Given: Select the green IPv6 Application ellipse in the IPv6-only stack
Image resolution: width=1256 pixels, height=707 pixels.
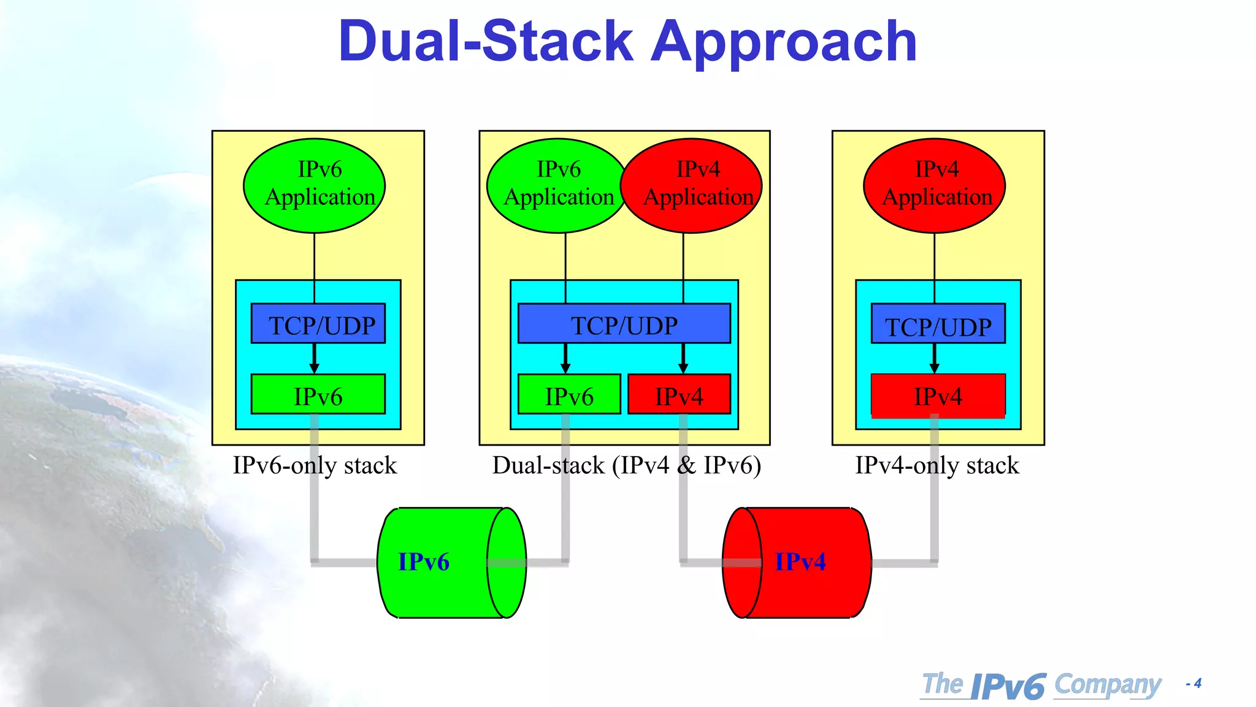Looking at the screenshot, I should [314, 185].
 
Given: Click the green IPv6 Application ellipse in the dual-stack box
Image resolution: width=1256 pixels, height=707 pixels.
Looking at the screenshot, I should [555, 185].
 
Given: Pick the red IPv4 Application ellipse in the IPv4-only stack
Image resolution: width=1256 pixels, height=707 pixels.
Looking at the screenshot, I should [934, 185].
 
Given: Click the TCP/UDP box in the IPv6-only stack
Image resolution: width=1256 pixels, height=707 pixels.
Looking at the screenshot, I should [318, 324].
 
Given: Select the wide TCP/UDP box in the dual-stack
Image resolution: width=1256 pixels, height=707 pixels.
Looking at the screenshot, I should [624, 324].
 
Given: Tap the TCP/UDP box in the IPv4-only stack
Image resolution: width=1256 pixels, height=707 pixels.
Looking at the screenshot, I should [938, 325].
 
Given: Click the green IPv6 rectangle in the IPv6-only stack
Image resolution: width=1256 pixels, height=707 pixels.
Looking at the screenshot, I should [318, 395].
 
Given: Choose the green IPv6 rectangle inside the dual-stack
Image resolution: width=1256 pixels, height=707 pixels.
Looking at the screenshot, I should [569, 395].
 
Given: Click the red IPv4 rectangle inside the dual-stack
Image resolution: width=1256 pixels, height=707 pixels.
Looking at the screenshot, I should [680, 395].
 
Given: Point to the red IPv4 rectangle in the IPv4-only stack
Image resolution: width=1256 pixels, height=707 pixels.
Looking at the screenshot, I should [938, 396].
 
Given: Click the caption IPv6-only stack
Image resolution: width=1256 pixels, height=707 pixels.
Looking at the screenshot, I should [315, 465].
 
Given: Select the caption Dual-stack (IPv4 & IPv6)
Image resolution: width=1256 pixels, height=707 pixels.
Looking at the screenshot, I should [626, 465].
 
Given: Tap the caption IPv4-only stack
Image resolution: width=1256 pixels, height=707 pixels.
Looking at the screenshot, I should [937, 465].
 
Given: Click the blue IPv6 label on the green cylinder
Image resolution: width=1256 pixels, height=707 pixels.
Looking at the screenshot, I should [424, 562].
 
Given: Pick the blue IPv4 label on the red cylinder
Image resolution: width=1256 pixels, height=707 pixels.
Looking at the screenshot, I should [800, 562].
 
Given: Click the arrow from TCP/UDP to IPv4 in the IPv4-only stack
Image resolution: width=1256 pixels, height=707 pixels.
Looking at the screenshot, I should [934, 358].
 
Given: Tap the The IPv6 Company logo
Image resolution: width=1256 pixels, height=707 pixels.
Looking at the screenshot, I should [1041, 685].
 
